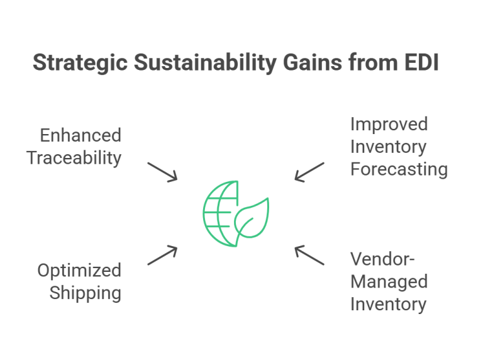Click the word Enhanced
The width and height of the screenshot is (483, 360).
tap(80, 135)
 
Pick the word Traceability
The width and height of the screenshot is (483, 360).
tap(74, 157)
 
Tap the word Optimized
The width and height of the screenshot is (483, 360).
tap(79, 271)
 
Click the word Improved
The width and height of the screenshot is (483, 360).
tap(389, 124)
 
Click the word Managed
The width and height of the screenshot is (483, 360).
tap(389, 281)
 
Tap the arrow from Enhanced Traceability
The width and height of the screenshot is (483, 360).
tap(163, 172)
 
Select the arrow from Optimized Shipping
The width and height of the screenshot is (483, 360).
tap(163, 255)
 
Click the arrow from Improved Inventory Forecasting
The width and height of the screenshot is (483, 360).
tap(309, 172)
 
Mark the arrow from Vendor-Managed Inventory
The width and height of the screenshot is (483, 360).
tap(309, 255)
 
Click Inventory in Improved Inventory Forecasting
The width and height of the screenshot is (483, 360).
tap(388, 147)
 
